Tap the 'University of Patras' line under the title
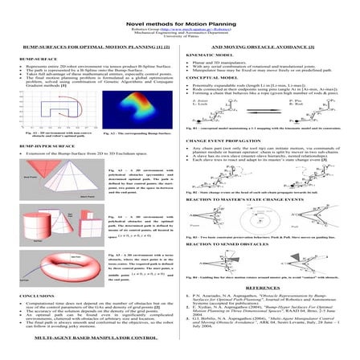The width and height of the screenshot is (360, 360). point(180,27)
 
